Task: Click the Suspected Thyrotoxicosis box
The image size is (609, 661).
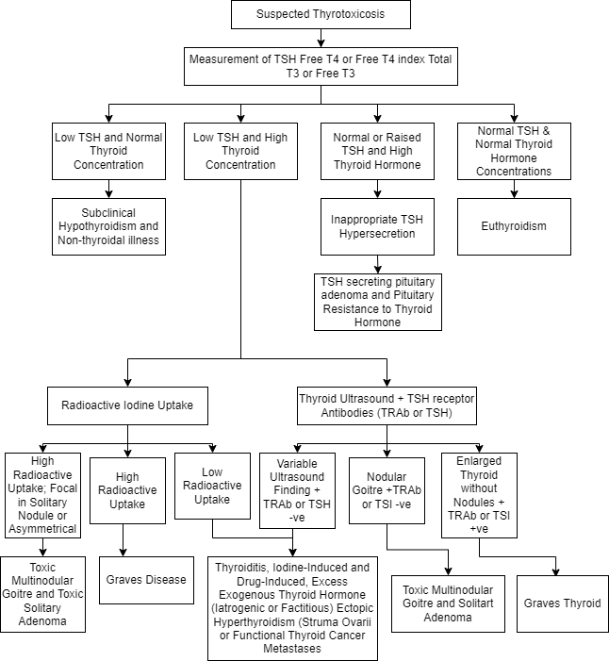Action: tap(321, 15)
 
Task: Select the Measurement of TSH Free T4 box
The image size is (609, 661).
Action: tap(321, 66)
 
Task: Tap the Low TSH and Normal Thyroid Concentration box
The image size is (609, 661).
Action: tap(108, 151)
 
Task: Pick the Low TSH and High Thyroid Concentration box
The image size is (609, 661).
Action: tap(240, 151)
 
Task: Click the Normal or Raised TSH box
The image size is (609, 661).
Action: tap(377, 151)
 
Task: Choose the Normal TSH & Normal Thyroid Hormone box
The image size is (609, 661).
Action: tap(514, 151)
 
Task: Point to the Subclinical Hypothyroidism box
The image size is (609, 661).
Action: tap(108, 226)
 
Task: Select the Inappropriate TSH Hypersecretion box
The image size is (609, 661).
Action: tap(377, 226)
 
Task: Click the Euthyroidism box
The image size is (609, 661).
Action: tap(514, 226)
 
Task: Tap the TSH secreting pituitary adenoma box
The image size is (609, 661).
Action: tap(377, 302)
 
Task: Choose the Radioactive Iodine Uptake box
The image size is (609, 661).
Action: tap(127, 405)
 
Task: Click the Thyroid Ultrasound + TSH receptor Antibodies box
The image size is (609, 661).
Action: tap(387, 405)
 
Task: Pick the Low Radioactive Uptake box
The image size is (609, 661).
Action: tap(212, 486)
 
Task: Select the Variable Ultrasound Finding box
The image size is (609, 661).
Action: tap(297, 490)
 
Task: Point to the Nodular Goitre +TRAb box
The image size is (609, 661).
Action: tap(387, 490)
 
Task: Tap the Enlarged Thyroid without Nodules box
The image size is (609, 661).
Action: tap(479, 495)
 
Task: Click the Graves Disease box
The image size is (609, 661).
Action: tap(146, 580)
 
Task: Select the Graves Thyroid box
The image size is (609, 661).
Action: tap(562, 603)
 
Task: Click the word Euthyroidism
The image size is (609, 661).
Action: tap(514, 226)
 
